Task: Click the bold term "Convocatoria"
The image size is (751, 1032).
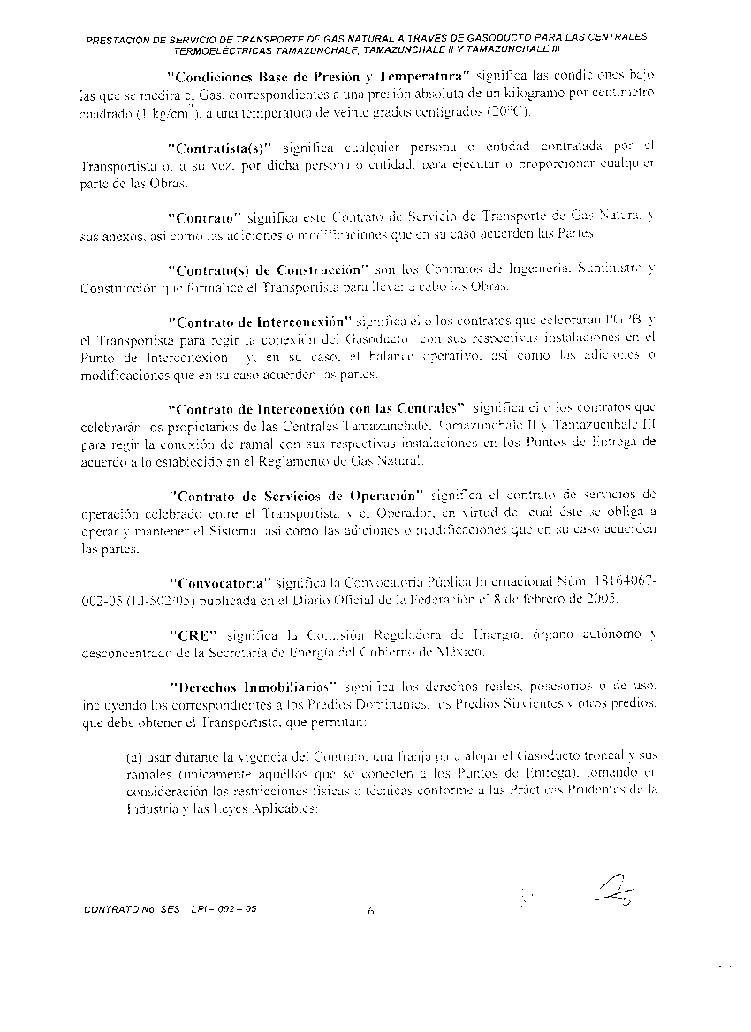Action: coord(217,582)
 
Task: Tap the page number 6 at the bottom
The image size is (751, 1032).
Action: coord(371,914)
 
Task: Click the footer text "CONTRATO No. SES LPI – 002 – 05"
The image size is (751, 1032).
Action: coord(170,908)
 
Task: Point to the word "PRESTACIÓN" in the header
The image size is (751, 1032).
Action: coord(117,40)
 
